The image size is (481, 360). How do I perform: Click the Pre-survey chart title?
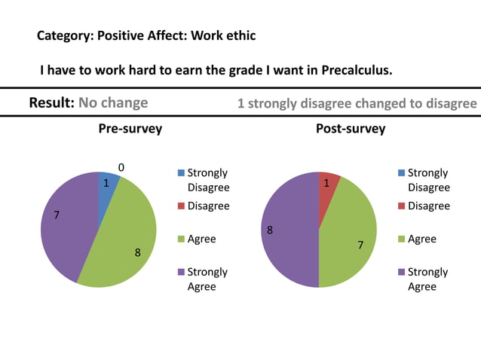coord(130,129)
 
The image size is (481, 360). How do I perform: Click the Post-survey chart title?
coord(350,129)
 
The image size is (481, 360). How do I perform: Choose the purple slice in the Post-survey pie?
coord(290,230)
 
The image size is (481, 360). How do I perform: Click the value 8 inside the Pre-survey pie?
coord(137,253)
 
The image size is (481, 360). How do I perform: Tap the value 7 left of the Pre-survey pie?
coord(57,216)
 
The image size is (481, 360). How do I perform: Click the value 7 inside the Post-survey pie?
coord(360,246)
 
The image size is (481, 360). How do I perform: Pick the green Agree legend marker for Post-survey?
coord(400,239)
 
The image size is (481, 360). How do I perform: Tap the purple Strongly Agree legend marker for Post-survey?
coord(400,273)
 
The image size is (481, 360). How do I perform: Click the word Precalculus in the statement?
coord(356,71)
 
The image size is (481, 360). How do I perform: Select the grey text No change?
coord(113,102)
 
